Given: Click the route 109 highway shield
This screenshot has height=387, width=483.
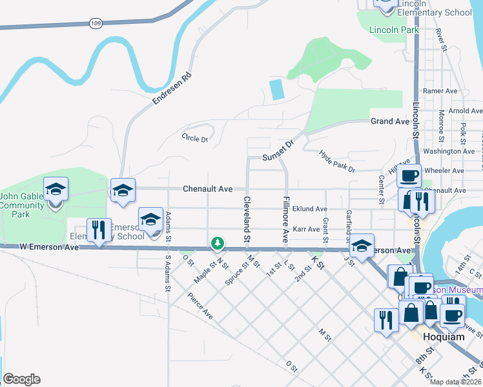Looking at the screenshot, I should (96, 23).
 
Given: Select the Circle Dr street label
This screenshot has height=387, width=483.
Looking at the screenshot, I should (195, 138).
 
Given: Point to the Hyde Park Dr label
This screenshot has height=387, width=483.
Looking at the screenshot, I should (337, 161).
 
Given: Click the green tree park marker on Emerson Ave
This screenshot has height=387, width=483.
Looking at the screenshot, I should (218, 243).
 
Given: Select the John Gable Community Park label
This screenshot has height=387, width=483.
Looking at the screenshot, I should (24, 205).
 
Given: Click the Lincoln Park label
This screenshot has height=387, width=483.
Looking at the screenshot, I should (394, 30).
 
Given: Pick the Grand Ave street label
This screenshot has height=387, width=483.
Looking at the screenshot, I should (390, 121).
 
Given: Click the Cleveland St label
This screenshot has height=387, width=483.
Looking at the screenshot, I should (246, 219).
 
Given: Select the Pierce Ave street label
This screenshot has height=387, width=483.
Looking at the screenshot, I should (200, 306).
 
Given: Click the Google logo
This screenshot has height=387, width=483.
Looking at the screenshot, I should (21, 379).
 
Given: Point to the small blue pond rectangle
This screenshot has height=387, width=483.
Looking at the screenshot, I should (277, 89).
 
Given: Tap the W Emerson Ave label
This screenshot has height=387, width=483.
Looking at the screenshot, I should (48, 246).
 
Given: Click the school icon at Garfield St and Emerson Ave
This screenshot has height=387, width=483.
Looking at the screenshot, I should (362, 246).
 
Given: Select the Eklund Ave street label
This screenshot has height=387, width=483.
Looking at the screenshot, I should (309, 209).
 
